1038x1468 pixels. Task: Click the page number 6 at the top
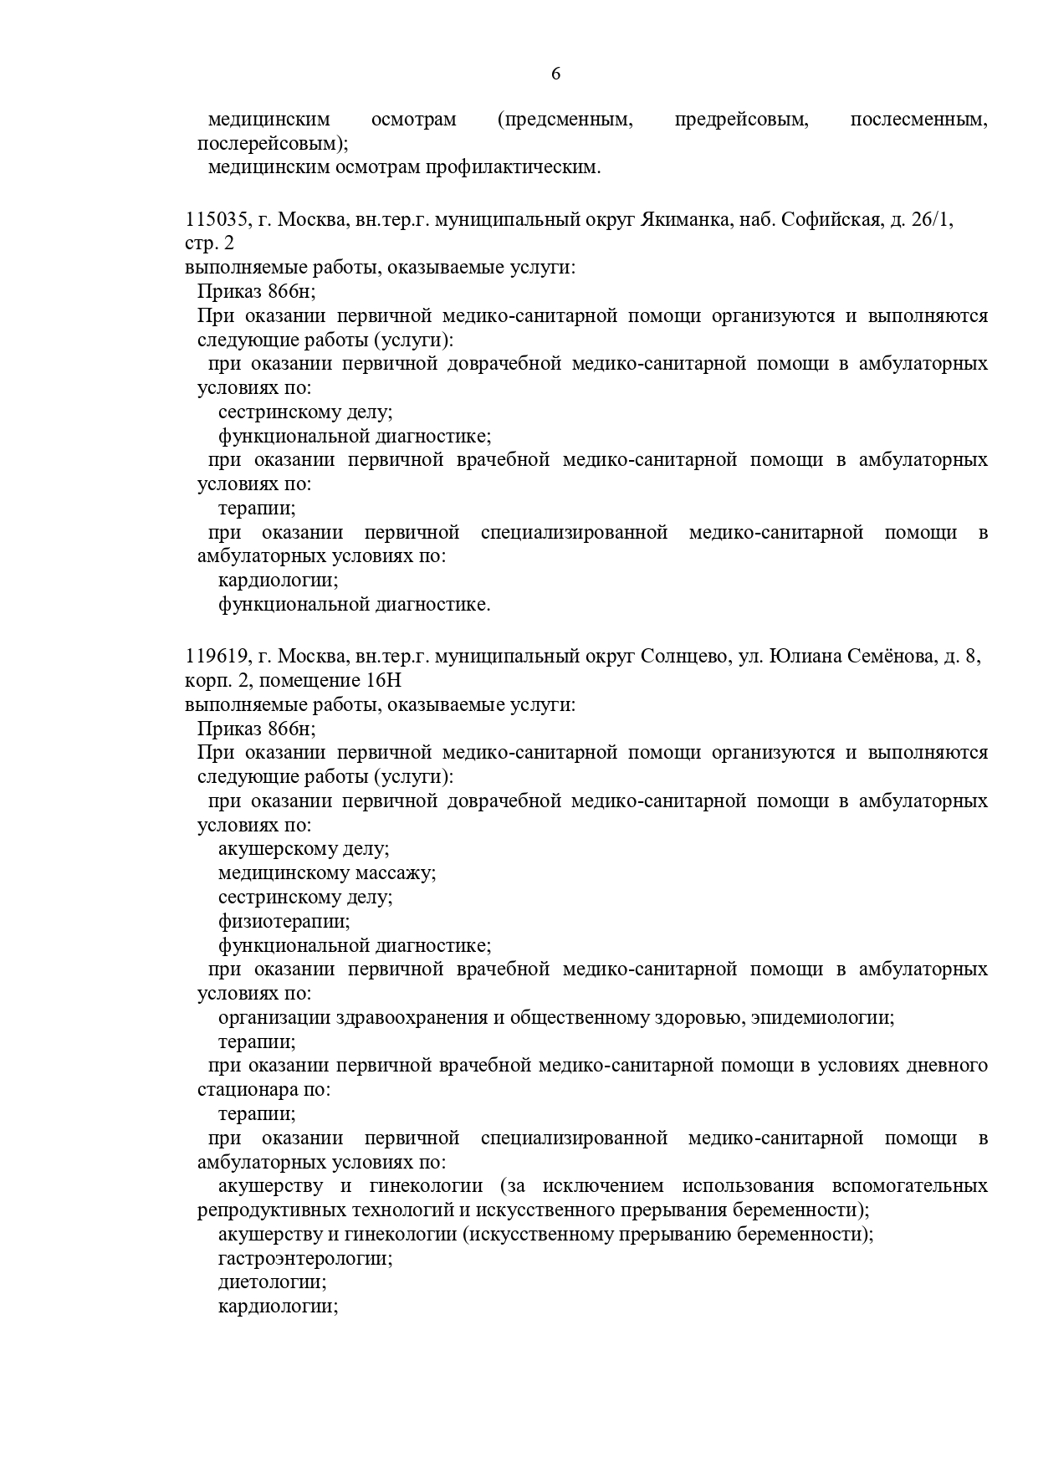(556, 74)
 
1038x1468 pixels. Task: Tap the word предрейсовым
(741, 120)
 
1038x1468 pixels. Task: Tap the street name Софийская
(831, 220)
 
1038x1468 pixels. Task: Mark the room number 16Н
(373, 680)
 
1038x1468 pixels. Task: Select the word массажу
(392, 873)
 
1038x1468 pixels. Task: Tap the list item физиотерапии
(284, 922)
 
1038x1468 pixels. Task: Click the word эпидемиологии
(822, 1018)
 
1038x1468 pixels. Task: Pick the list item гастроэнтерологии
(305, 1259)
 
